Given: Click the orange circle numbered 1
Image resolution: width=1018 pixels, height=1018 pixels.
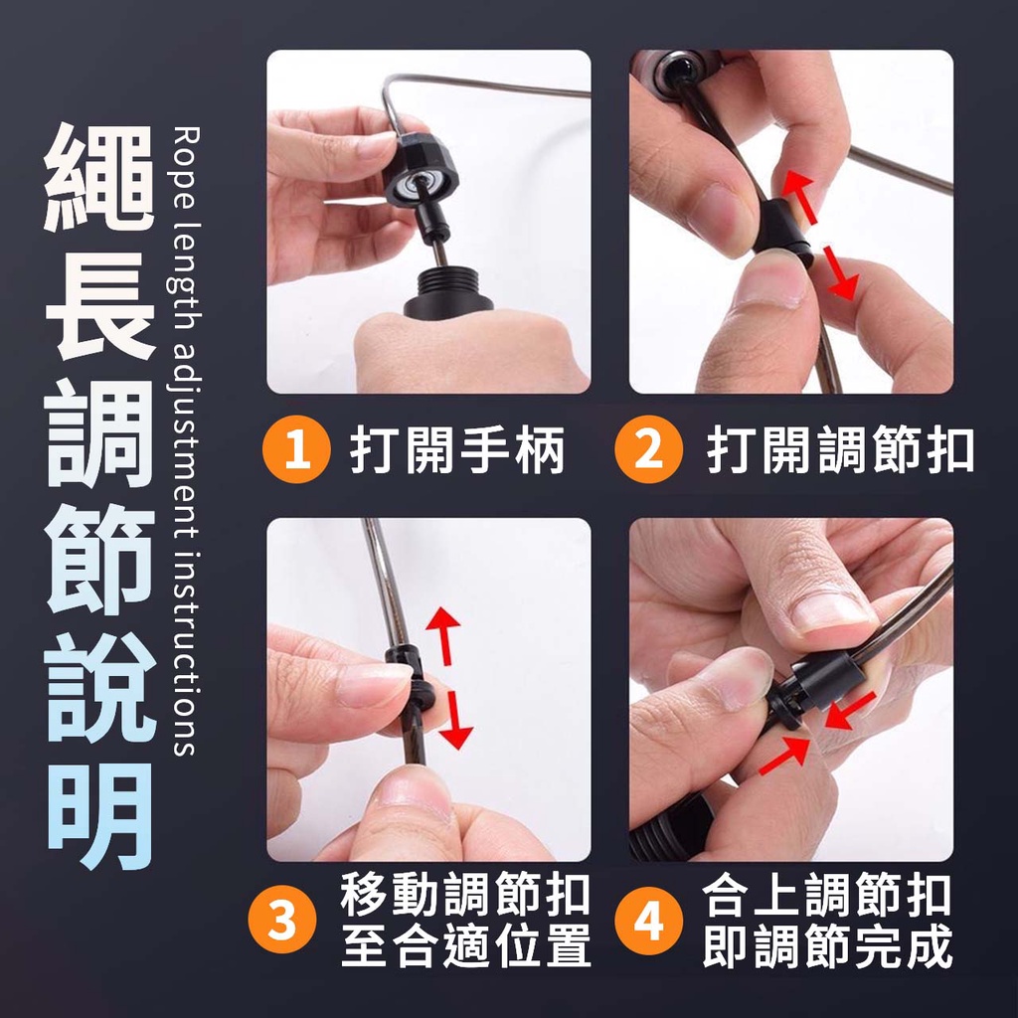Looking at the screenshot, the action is (x=296, y=449).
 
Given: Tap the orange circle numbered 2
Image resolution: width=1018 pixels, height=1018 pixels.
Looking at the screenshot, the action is (x=648, y=449).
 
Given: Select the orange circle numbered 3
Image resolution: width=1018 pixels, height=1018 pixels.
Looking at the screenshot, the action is (x=282, y=921).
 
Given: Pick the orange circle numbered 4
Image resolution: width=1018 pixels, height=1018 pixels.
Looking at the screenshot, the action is (x=648, y=921).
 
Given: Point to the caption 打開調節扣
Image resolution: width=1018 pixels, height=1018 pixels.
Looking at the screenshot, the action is (x=841, y=449).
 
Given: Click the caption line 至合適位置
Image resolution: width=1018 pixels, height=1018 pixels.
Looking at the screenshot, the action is (x=465, y=945).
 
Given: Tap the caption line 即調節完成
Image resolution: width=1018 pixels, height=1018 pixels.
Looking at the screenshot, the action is (x=828, y=945).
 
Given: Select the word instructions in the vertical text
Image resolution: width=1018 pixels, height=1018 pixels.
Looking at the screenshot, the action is (x=187, y=654).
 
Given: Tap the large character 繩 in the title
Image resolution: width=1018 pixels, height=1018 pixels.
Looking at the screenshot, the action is (x=99, y=177).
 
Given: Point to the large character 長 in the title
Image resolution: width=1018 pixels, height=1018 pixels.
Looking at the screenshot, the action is (x=99, y=304).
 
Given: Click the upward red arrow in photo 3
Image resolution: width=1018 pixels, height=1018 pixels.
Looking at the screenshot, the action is (x=444, y=635).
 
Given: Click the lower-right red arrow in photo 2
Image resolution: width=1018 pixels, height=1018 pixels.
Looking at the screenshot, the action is (x=840, y=272).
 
